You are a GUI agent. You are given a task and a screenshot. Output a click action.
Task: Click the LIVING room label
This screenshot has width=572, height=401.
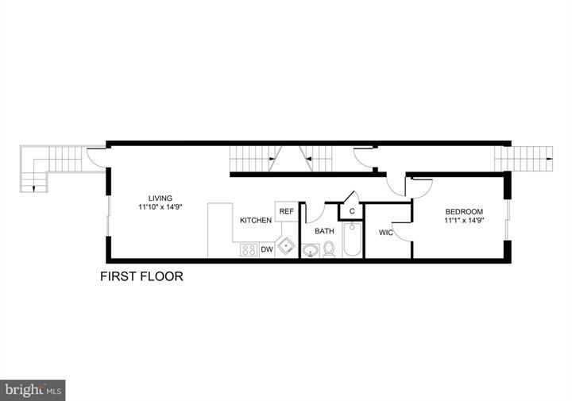pos(160,199)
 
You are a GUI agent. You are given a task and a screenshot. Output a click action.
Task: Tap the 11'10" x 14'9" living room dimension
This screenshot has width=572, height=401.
pos(160,208)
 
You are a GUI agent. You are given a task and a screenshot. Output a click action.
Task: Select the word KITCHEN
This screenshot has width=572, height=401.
pos(256,220)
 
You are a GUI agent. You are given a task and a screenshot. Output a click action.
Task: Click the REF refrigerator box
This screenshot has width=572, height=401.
pos(286,212)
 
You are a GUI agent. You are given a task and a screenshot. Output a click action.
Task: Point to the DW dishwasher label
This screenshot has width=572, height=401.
pos(267,249)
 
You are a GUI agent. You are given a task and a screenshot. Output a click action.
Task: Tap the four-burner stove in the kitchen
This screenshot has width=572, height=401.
pos(248,250)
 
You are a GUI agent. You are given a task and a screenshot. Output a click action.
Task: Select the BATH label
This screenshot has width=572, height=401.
pos(324,231)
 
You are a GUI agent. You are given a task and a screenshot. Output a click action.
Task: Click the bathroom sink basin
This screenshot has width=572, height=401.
pos(311,251)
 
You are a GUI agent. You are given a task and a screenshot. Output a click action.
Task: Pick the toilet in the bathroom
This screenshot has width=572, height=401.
pos(329,249)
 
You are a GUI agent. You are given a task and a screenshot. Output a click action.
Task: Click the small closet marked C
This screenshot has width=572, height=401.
pos(350,211)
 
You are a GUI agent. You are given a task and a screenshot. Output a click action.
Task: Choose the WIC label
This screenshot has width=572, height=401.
pos(386,233)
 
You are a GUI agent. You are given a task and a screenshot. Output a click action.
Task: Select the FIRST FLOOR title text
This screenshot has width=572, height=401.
pos(141,277)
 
